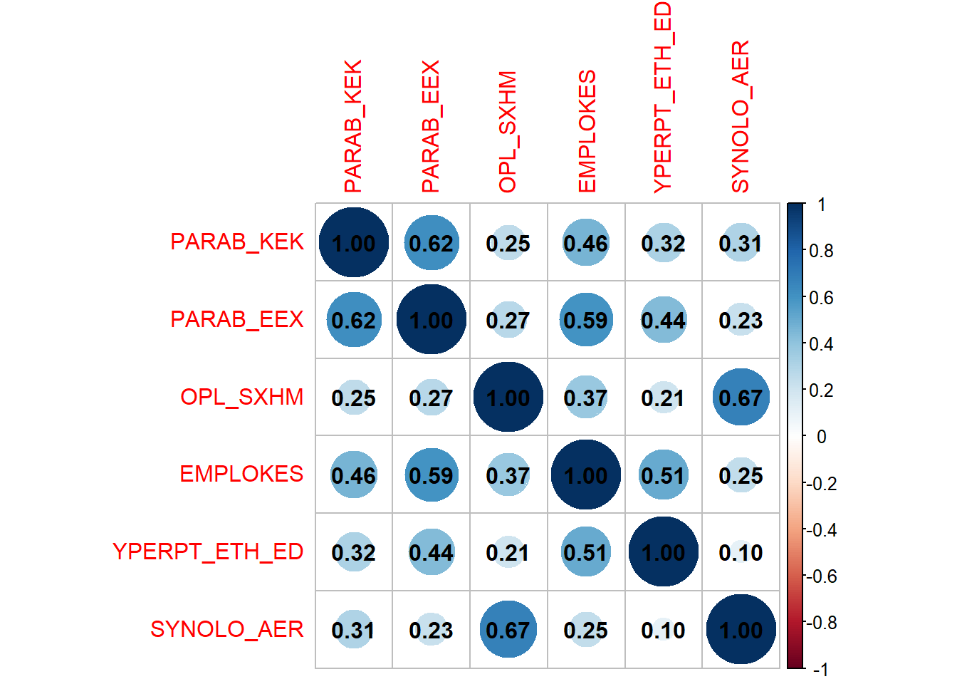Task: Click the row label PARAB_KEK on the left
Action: (236, 242)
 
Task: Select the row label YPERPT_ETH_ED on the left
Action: (208, 551)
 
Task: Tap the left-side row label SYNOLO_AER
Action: (226, 629)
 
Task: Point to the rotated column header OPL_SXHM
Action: (508, 132)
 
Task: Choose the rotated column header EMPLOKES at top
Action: (586, 131)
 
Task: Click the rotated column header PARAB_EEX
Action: (431, 126)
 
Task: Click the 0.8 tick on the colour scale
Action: (821, 251)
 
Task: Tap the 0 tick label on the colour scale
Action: (821, 437)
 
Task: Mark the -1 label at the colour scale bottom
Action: (820, 670)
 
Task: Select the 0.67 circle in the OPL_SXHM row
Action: (741, 398)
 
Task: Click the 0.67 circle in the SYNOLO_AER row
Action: (508, 630)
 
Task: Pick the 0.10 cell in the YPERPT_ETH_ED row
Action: (741, 552)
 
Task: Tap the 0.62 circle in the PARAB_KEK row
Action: (431, 243)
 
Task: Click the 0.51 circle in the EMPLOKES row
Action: (663, 475)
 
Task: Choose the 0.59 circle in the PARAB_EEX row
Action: (585, 320)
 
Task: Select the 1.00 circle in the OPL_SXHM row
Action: (508, 398)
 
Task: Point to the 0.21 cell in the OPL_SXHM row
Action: (663, 398)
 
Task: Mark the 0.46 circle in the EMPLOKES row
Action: (353, 475)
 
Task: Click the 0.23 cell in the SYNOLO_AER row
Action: (431, 630)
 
